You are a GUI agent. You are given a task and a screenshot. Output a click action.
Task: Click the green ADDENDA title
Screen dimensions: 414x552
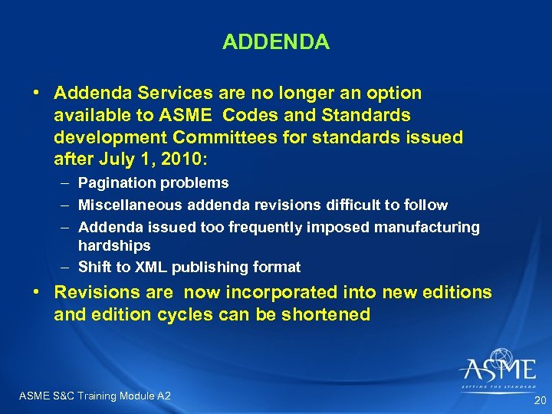coord(276,42)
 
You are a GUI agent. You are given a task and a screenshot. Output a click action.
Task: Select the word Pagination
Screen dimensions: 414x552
coord(116,183)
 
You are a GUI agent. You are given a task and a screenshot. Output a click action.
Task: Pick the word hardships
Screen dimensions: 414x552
coord(114,246)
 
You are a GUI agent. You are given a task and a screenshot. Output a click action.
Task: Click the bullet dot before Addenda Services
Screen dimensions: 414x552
coord(36,94)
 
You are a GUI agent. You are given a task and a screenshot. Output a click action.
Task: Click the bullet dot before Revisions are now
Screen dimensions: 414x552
coord(36,293)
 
